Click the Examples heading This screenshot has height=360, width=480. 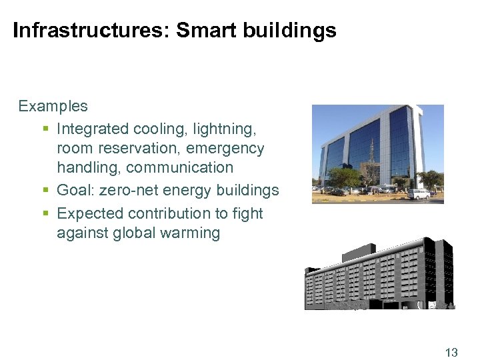pos(53,106)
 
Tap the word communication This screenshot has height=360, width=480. pos(179,167)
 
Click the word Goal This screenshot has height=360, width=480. pos(75,191)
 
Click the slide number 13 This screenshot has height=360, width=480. pos(451,353)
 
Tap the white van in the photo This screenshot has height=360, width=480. pos(419,194)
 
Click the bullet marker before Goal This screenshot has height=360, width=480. pos(45,191)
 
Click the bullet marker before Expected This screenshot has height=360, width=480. pos(45,214)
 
